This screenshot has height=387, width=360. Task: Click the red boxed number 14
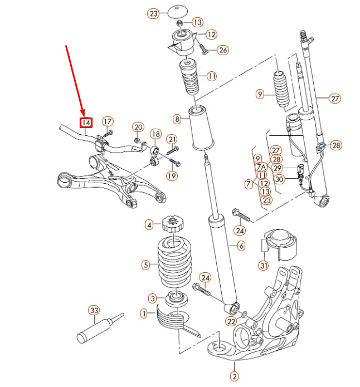(86, 123)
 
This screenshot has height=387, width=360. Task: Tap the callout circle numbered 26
(223, 50)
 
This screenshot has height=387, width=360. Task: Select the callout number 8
(177, 119)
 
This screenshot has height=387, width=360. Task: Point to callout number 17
(108, 121)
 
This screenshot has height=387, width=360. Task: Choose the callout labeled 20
(138, 127)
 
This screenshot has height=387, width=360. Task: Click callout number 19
(171, 176)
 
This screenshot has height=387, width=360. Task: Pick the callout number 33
(94, 310)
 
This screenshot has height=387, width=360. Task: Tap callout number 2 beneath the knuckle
(234, 378)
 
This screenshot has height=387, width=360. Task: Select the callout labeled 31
(263, 266)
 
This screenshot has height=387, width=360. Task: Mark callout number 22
(231, 321)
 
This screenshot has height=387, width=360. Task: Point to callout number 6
(241, 246)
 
